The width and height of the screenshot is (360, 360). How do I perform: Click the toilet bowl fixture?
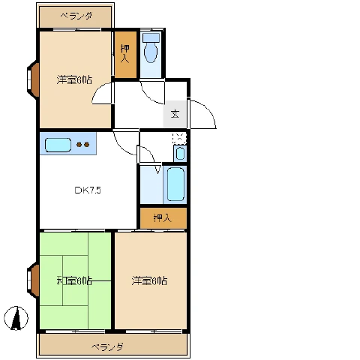(x=151, y=51)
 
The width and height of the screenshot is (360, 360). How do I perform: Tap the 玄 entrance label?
(x=175, y=114)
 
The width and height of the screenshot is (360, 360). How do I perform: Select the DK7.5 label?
(x=87, y=190)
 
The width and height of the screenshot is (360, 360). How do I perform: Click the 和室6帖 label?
(x=74, y=280)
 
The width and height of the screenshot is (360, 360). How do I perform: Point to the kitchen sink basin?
(x=58, y=145)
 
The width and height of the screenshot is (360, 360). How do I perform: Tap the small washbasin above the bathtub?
(x=179, y=154)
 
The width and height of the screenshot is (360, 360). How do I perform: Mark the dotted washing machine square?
(x=178, y=138)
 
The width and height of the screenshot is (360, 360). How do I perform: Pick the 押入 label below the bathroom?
(x=162, y=218)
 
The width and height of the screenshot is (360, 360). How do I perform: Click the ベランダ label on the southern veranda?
(x=108, y=346)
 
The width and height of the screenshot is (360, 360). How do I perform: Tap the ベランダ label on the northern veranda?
(x=76, y=16)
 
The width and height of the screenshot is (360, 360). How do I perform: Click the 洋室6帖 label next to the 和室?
(x=149, y=280)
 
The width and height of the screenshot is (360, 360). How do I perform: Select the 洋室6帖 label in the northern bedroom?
(x=73, y=79)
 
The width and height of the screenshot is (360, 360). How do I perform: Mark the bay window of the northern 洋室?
(x=33, y=79)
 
